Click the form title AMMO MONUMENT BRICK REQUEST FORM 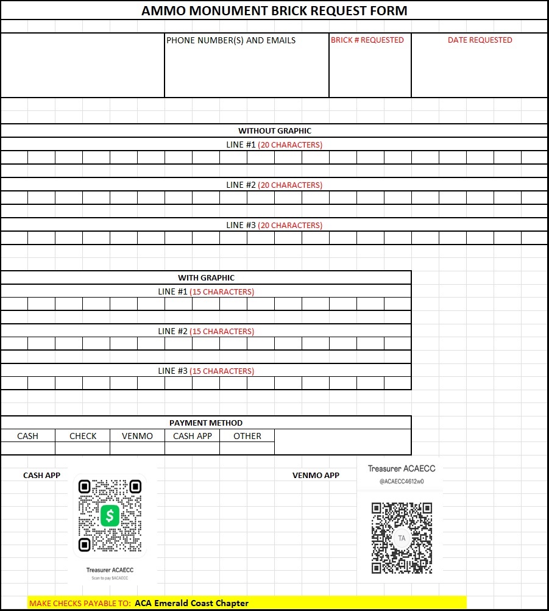click(274, 11)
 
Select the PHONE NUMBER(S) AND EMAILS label click(231, 40)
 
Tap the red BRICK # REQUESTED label click(367, 40)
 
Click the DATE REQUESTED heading click(480, 40)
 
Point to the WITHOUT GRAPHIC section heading click(274, 130)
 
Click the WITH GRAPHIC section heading click(206, 277)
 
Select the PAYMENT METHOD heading click(206, 423)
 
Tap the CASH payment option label click(27, 436)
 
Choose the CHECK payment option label click(83, 436)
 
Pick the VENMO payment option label click(137, 436)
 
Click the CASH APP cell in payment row click(193, 436)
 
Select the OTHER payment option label click(247, 436)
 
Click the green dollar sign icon click(110, 516)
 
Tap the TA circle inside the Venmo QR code click(402, 538)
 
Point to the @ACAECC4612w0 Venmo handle click(402, 482)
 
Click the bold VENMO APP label click(316, 475)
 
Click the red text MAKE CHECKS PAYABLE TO click(80, 603)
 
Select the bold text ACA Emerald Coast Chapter click(191, 603)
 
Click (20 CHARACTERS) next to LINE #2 click(290, 185)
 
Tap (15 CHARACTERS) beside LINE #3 click(222, 371)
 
